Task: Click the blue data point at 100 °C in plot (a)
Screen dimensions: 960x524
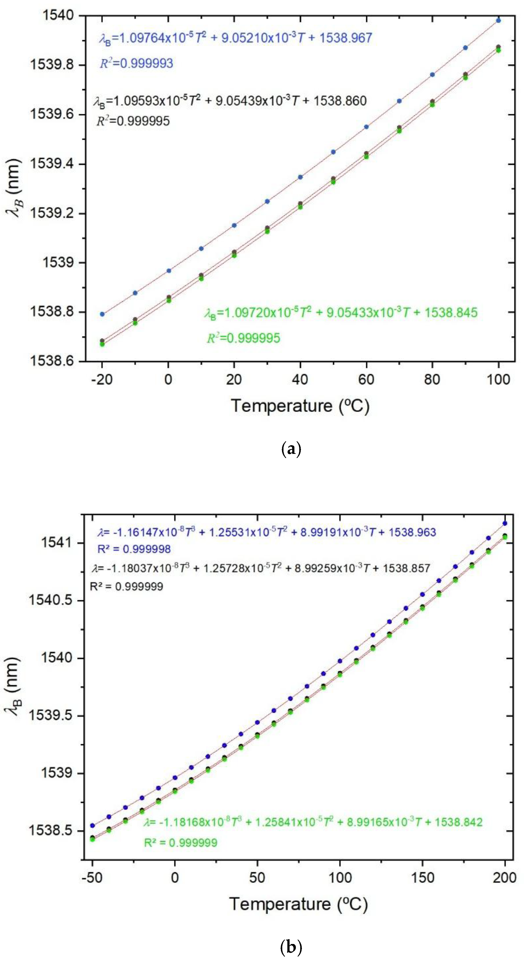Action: pyautogui.click(x=498, y=20)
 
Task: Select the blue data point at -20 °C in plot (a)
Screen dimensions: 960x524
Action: pyautogui.click(x=102, y=314)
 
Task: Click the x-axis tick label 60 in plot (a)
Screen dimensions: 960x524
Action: pyautogui.click(x=366, y=379)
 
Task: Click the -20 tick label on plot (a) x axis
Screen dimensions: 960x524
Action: pyautogui.click(x=101, y=379)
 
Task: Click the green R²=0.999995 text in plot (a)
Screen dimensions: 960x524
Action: pyautogui.click(x=243, y=338)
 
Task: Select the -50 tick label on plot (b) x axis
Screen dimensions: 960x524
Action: pyautogui.click(x=92, y=878)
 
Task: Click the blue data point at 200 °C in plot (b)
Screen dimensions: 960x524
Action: pyautogui.click(x=505, y=523)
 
